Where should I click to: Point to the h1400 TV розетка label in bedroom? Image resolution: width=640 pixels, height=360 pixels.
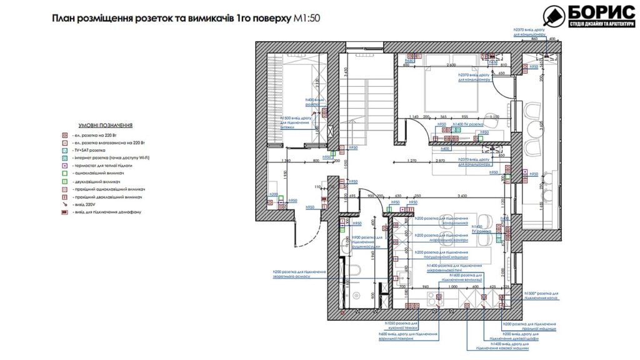467,124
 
